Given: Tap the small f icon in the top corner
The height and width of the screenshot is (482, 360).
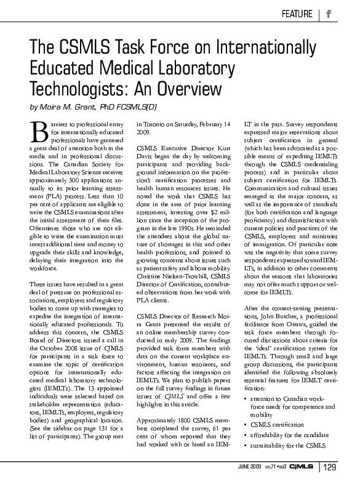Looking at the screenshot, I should [329, 14].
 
